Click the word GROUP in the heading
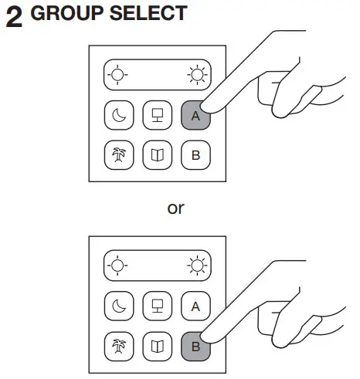click(64, 14)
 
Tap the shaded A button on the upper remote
click(195, 116)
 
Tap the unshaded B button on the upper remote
click(195, 155)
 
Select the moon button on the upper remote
click(118, 116)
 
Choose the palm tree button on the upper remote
click(118, 155)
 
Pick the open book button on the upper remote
click(157, 155)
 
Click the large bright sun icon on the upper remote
click(196, 76)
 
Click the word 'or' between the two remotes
click(176, 208)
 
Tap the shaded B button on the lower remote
click(195, 346)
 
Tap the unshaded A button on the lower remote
click(195, 306)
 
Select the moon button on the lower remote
click(118, 306)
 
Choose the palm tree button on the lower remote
click(118, 346)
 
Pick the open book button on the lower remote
click(157, 346)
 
